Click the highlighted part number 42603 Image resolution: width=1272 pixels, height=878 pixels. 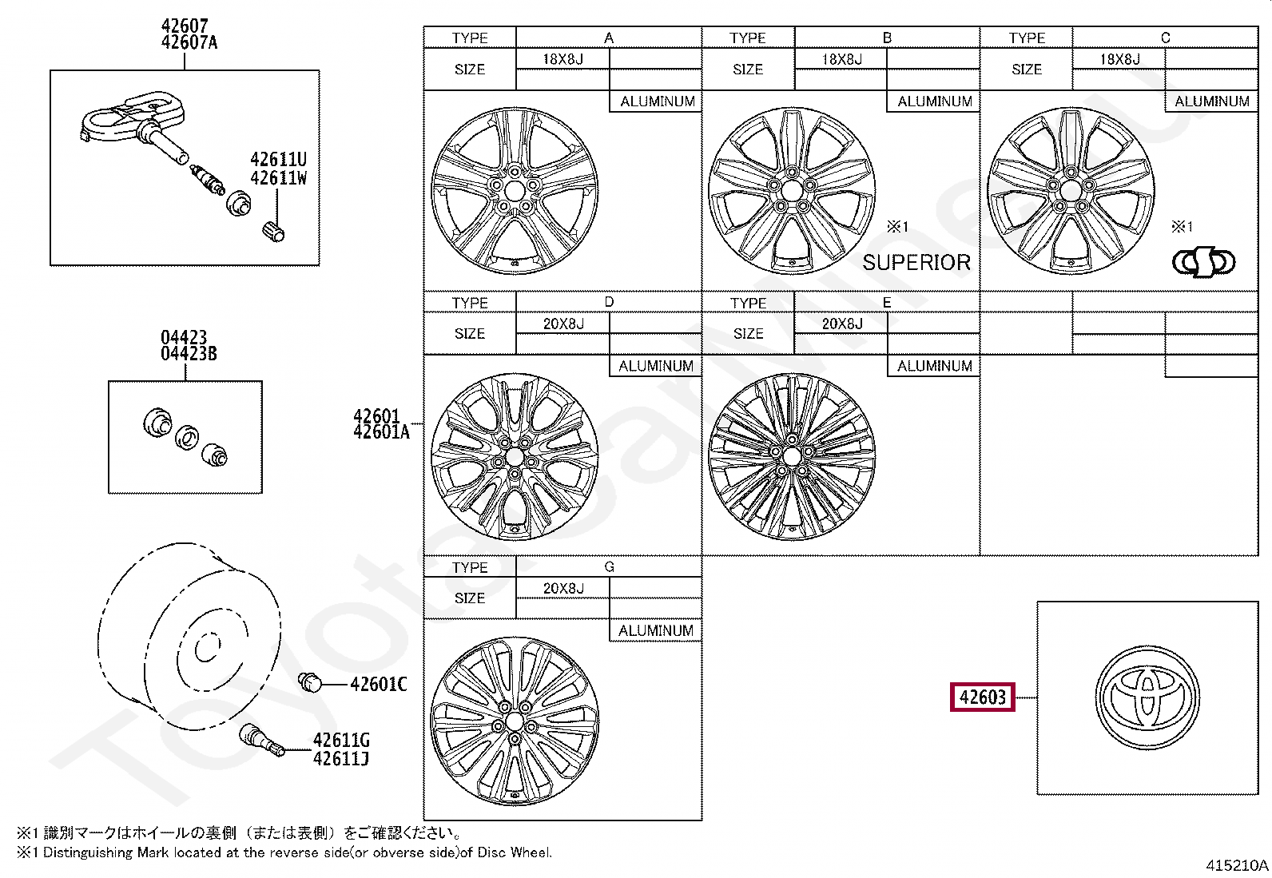coord(982,697)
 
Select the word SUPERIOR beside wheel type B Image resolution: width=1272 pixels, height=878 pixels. coord(916,263)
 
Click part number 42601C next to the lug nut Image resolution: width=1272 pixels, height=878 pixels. coord(378,684)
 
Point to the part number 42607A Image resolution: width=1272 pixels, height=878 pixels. coord(189,43)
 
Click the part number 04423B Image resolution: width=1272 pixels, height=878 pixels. coord(189,354)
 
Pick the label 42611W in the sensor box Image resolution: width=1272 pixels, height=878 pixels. coord(278,178)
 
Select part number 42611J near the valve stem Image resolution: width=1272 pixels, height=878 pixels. coord(341,759)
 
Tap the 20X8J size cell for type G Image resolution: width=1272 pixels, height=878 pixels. coord(563,588)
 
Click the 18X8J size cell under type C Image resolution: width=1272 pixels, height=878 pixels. coord(1119,59)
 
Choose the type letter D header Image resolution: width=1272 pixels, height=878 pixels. coord(609,302)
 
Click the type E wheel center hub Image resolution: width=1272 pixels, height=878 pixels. coord(792,456)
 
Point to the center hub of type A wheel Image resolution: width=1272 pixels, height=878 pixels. coord(515,191)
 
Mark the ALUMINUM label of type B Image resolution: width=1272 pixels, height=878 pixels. coord(934,101)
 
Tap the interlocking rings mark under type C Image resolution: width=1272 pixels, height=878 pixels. coord(1202,262)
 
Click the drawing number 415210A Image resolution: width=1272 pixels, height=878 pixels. coord(1236,865)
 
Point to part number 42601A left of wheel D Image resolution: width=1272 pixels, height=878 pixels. coord(381,433)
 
